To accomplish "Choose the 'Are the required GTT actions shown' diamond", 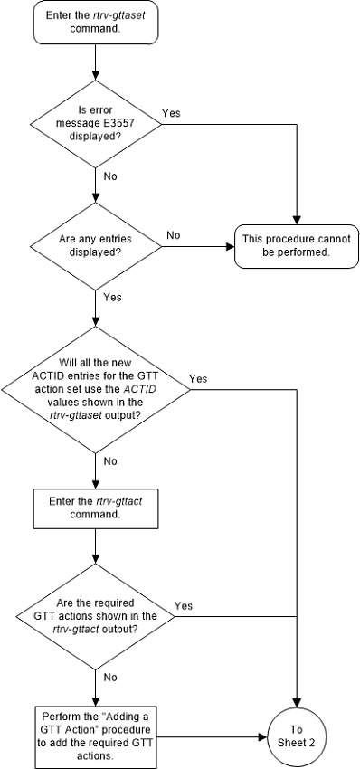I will click(95, 617).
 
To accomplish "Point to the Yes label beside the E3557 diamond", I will click(170, 113).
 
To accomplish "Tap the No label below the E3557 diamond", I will click(109, 176).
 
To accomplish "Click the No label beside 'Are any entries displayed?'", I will click(173, 234).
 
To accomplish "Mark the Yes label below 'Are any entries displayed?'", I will click(112, 296).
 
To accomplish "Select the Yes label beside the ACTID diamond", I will click(197, 378).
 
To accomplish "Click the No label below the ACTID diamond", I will click(109, 460).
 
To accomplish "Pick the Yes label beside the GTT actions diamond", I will click(183, 605).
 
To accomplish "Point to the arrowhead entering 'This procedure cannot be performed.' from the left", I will click(231, 245).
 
